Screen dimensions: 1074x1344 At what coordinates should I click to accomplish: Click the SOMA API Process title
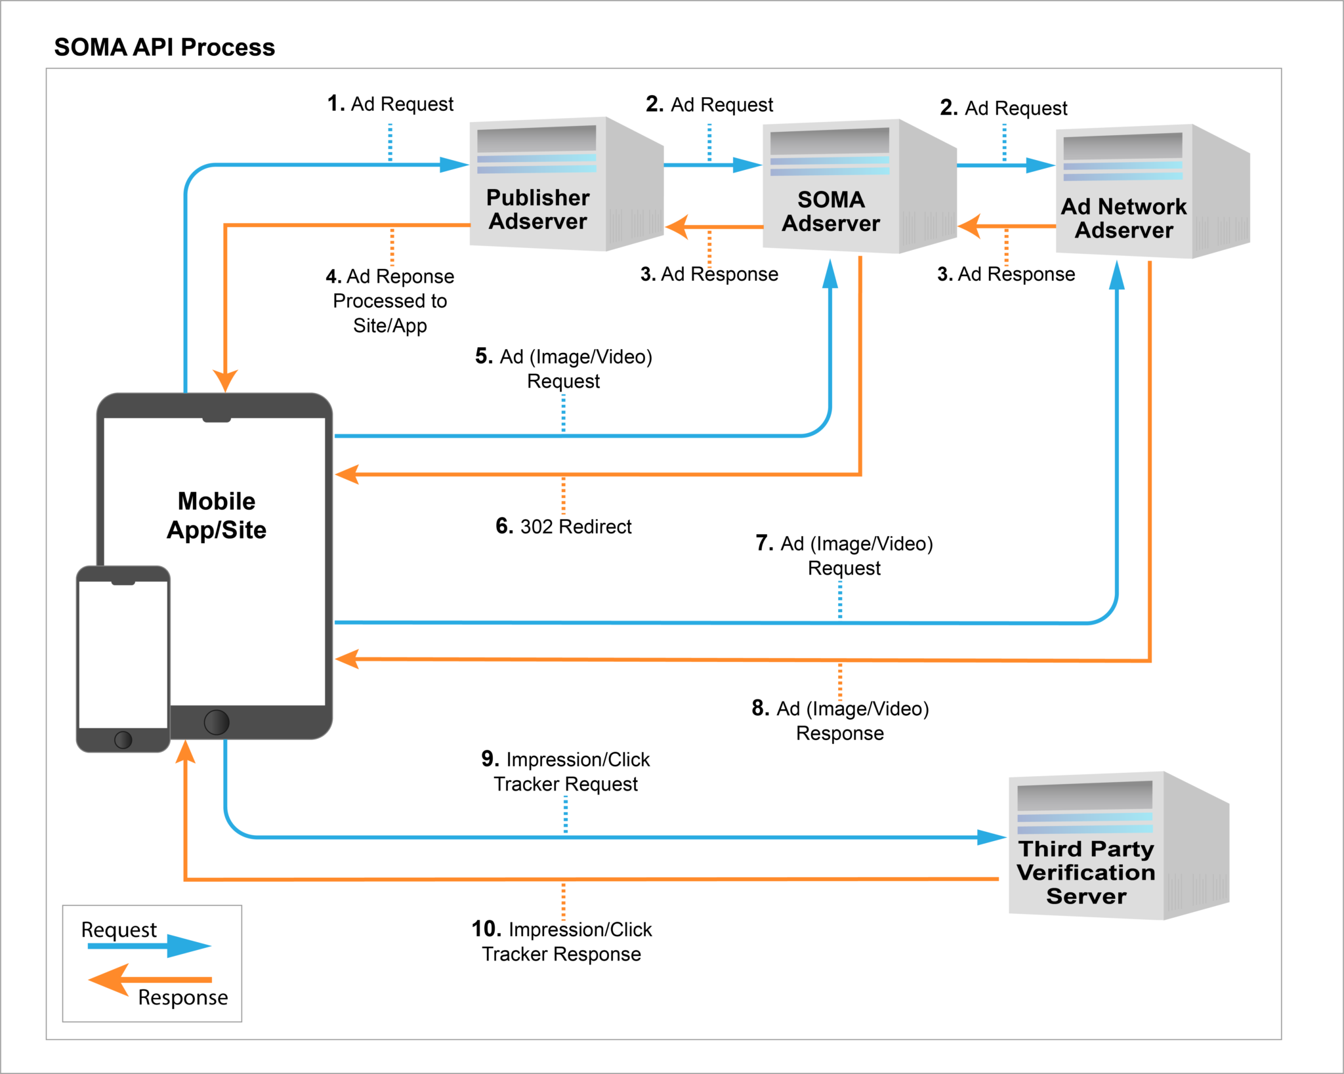coord(164,47)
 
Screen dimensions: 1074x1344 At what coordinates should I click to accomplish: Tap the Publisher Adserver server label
coord(537,209)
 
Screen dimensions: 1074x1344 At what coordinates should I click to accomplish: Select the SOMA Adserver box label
coord(830,211)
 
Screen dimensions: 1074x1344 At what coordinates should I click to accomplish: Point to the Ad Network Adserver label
coord(1123,218)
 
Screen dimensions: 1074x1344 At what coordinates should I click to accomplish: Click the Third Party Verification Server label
coord(1086,872)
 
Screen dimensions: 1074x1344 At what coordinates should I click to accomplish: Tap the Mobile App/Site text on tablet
coord(217,515)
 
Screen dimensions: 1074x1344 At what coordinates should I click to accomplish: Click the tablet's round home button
coord(217,722)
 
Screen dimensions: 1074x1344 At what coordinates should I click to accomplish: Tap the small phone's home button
coord(123,739)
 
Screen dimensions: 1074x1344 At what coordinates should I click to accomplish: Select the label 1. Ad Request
coord(390,104)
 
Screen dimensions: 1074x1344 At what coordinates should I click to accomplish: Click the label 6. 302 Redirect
coord(563,526)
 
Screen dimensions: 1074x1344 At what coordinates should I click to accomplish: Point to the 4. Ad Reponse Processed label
coord(390,300)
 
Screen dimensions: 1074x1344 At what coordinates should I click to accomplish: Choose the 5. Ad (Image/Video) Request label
coord(563,368)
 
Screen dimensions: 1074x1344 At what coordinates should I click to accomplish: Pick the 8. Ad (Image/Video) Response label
coord(840,720)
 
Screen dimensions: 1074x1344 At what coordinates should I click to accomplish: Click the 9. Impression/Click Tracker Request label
coord(565,771)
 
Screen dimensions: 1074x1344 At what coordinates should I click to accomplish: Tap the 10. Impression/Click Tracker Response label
coord(562,941)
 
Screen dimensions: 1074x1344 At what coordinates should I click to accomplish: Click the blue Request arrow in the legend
coord(150,945)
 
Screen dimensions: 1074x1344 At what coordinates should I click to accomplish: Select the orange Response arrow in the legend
coord(150,980)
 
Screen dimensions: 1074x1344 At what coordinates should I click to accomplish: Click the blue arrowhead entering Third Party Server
coord(991,837)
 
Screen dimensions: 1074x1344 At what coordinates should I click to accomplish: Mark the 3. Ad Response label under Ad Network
coord(1006,274)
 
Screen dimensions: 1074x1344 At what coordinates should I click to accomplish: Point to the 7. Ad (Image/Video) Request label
coord(844,555)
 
